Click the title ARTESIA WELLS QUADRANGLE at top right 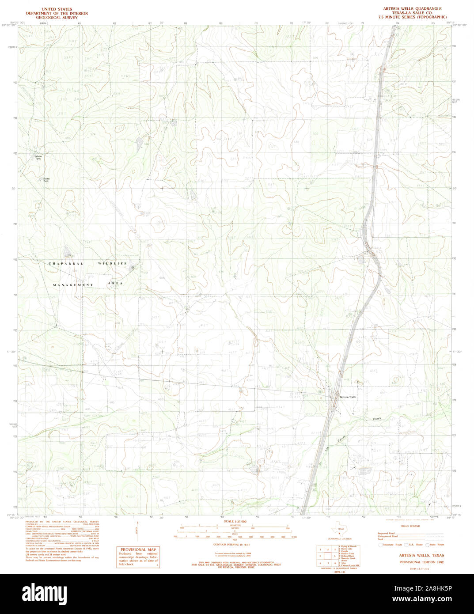[x=412, y=9]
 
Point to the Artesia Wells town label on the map [x=348, y=397]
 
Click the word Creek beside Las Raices [x=376, y=418]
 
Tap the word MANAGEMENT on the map [x=73, y=285]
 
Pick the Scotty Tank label [x=46, y=180]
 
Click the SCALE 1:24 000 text [x=235, y=522]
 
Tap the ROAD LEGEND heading [x=411, y=526]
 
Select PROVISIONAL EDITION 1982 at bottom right [x=421, y=562]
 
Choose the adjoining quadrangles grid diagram [x=327, y=557]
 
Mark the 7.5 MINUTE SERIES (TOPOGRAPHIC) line [x=412, y=17]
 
